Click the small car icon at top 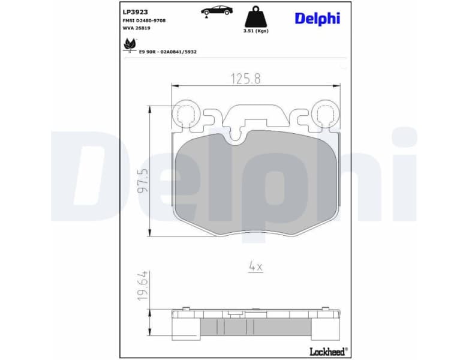[217, 10]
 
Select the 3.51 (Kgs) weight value [255, 31]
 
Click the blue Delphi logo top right [317, 18]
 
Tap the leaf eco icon [129, 44]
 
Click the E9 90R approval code [168, 52]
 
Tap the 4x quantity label [255, 267]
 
